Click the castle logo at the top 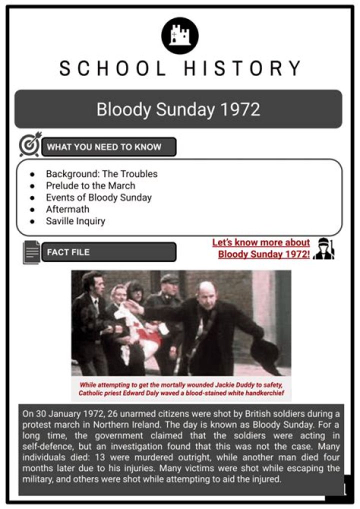[x=180, y=35]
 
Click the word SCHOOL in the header [x=113, y=68]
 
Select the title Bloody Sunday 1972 [x=178, y=109]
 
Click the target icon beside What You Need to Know [x=30, y=145]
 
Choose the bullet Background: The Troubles [x=101, y=174]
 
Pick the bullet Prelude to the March [x=90, y=185]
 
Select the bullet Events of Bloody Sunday [x=98, y=197]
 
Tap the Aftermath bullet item [x=67, y=209]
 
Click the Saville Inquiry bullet [x=75, y=220]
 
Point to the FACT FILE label [x=68, y=252]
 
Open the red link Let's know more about [x=261, y=243]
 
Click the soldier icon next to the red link [x=325, y=248]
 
